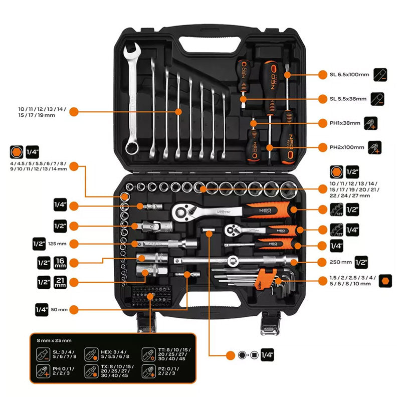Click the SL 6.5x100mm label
(349, 75)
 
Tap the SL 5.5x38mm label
(348, 99)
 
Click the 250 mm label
(339, 262)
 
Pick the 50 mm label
(59, 309)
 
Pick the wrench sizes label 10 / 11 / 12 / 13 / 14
(43, 112)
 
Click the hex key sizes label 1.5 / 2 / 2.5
(351, 280)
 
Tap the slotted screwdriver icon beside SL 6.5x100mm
(379, 75)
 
